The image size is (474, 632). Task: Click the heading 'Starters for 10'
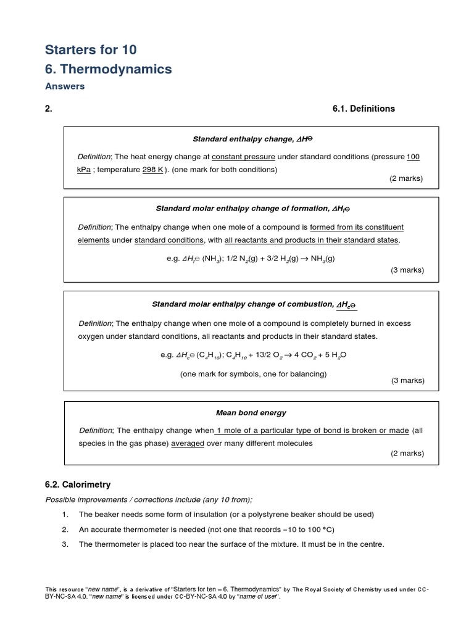coord(91,49)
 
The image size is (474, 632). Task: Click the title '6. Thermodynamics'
coord(109,69)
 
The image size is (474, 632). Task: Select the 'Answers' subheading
coord(65,86)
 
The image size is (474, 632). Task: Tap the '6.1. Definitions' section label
coord(364,109)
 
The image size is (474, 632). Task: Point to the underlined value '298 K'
coord(152,169)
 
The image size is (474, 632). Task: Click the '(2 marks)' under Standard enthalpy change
coord(405,178)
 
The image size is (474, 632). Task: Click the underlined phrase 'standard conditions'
coord(169,239)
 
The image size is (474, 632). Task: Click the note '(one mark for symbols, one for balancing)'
coord(253,373)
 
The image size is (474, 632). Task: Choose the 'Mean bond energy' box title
coord(251,412)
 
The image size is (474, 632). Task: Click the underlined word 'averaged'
coord(188,443)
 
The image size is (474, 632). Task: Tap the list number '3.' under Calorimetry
coord(65,544)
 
